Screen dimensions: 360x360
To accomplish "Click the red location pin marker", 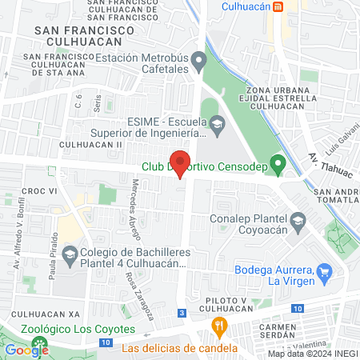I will click(181, 162).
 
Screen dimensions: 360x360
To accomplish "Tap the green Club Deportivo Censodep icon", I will click(278, 166).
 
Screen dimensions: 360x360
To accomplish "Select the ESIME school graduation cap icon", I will click(217, 123).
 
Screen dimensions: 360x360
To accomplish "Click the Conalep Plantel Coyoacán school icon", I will click(298, 222).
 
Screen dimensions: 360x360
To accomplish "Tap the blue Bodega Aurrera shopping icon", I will click(324, 274).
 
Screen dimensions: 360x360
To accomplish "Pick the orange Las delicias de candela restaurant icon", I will click(218, 326).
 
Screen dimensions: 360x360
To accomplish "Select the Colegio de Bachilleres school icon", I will click(70, 255).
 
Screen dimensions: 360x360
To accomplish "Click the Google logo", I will click(26, 350).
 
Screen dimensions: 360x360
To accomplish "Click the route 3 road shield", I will click(182, 312).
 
